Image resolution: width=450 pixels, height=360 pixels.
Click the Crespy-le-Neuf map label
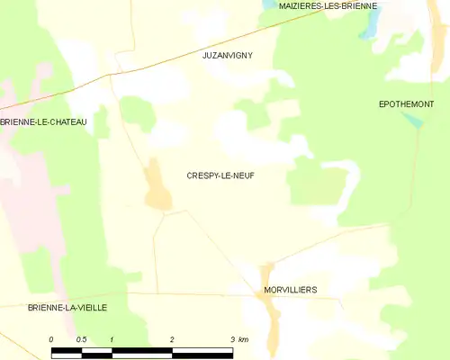pyautogui.click(x=220, y=175)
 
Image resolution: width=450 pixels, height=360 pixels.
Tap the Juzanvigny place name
pyautogui.click(x=228, y=55)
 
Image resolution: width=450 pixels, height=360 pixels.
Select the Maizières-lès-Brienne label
pyautogui.click(x=328, y=5)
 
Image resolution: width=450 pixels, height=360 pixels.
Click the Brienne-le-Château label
pyautogui.click(x=43, y=121)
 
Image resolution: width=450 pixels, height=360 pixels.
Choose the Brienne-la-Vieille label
pyautogui.click(x=67, y=307)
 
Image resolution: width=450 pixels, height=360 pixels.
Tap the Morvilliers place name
pyautogui.click(x=290, y=290)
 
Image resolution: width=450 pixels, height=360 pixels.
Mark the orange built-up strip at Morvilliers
pyautogui.click(x=268, y=306)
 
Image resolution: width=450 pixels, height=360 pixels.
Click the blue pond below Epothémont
pyautogui.click(x=412, y=121)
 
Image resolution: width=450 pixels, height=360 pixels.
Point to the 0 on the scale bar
pyautogui.click(x=51, y=338)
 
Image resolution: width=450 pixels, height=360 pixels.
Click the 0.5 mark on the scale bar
pyautogui.click(x=81, y=338)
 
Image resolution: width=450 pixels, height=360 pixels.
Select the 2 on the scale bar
pyautogui.click(x=172, y=338)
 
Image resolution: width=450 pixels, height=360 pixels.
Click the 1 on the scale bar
pyautogui.click(x=111, y=338)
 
